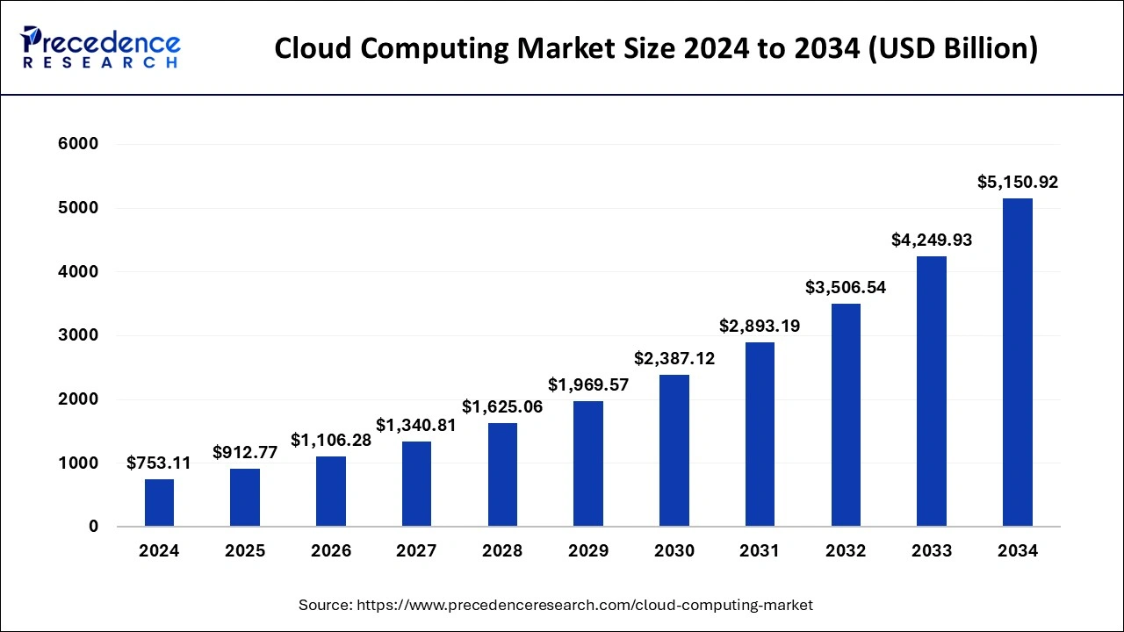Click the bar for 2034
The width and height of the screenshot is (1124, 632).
click(1017, 363)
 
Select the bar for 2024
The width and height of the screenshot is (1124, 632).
click(159, 503)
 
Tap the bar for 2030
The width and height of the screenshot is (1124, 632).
click(674, 450)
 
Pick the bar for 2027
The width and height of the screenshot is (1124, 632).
click(416, 484)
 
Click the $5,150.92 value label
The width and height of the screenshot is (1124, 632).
click(1018, 183)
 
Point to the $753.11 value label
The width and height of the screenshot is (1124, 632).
click(159, 463)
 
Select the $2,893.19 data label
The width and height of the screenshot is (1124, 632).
click(760, 326)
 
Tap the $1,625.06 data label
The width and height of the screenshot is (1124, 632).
click(502, 406)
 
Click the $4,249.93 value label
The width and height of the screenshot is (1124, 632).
click(932, 240)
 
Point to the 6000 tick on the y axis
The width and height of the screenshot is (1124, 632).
click(80, 144)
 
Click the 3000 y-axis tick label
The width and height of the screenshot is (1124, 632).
click(80, 335)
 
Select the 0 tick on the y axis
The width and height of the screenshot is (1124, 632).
click(92, 527)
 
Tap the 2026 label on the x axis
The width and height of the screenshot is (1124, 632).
click(331, 551)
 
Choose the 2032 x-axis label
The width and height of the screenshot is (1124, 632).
click(846, 551)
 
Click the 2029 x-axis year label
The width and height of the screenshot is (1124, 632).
click(588, 551)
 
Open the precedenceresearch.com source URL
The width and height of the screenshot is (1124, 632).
click(584, 605)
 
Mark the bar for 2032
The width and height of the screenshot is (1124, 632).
click(846, 415)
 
